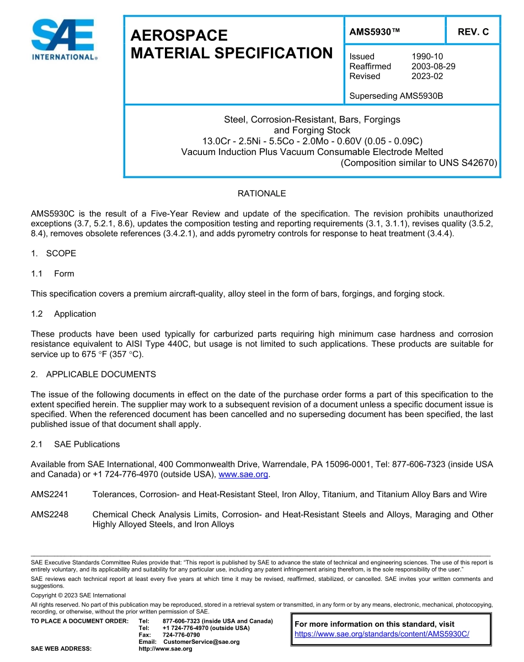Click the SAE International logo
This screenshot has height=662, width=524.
[x=64, y=40]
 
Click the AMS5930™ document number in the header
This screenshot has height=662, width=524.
[x=375, y=32]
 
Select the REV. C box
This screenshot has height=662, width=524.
[x=473, y=32]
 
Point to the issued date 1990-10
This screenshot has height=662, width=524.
[x=427, y=56]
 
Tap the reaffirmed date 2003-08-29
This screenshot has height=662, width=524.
[x=433, y=66]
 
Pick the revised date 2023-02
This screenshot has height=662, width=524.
[x=427, y=76]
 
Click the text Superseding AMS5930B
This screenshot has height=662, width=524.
[x=396, y=96]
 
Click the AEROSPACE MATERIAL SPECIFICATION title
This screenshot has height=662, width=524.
[x=231, y=44]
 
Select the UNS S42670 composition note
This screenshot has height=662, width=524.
[x=419, y=163]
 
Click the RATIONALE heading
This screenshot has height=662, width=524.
[x=261, y=194]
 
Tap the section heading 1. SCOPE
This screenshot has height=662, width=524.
[x=54, y=253]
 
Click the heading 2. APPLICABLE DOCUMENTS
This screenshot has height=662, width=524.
[x=93, y=374]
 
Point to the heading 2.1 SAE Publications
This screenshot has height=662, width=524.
[x=75, y=444]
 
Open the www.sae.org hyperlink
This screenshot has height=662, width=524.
[x=243, y=474]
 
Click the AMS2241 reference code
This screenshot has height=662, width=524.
[x=50, y=494]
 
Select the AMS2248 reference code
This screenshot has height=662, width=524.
[x=50, y=514]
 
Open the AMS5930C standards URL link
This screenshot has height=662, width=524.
[x=382, y=634]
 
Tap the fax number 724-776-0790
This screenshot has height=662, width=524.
[x=181, y=635]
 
